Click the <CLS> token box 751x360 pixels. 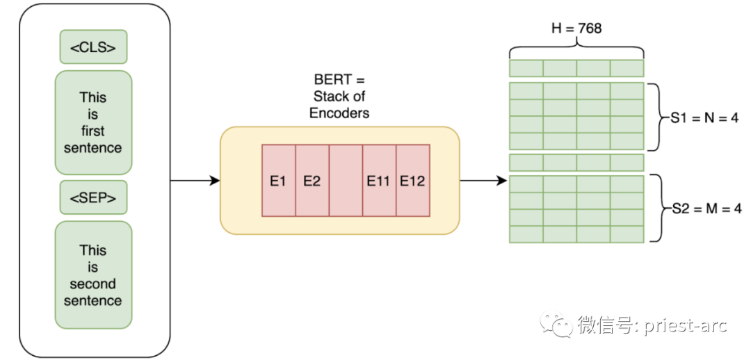tap(93, 47)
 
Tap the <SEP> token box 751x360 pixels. tap(93, 198)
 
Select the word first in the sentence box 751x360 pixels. tap(93, 131)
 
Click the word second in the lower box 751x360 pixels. tap(93, 284)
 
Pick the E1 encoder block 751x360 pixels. tap(278, 181)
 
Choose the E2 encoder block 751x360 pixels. tap(312, 181)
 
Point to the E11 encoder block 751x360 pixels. tap(379, 181)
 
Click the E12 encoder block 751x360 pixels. tap(412, 181)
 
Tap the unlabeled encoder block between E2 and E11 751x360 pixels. tap(346, 181)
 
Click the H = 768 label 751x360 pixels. tap(576, 28)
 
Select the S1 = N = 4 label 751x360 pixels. tap(704, 117)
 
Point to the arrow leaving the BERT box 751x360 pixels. tap(483, 181)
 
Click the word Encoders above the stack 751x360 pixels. tap(340, 113)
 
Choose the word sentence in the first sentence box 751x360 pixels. tap(93, 147)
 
